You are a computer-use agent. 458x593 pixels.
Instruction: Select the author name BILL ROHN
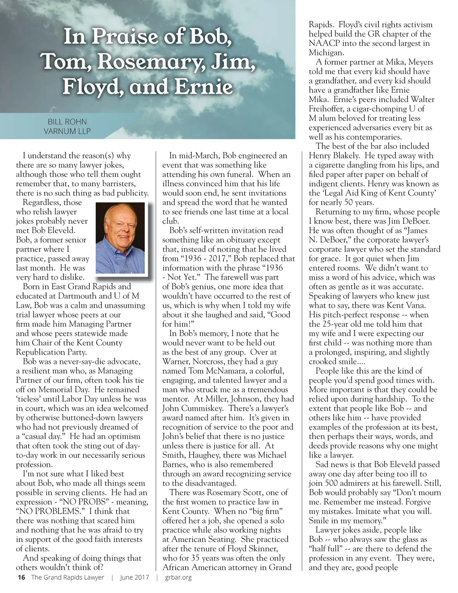point(67,122)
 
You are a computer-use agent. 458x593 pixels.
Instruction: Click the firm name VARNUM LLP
point(67,131)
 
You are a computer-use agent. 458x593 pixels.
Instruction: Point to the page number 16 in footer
point(21,577)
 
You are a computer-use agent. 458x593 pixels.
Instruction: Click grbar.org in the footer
point(178,577)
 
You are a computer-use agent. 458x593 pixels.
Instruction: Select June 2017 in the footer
point(134,577)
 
